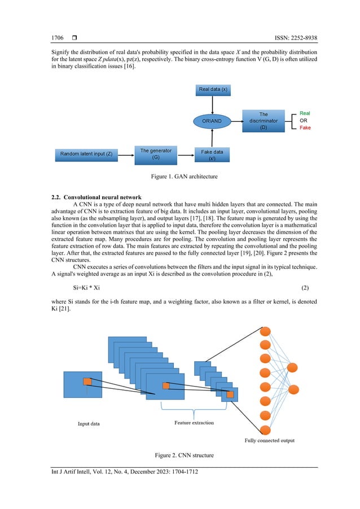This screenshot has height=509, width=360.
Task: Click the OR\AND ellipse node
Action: (213, 121)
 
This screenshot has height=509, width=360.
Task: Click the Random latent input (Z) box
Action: (86, 153)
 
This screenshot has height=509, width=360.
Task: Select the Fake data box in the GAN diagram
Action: (212, 155)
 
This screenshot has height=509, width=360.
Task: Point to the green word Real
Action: (305, 113)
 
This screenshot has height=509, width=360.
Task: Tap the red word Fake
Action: (305, 128)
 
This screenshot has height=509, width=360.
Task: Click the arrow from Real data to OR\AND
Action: (213, 105)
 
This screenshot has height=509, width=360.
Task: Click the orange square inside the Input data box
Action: (87, 381)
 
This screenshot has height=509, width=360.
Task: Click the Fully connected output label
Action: (269, 440)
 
